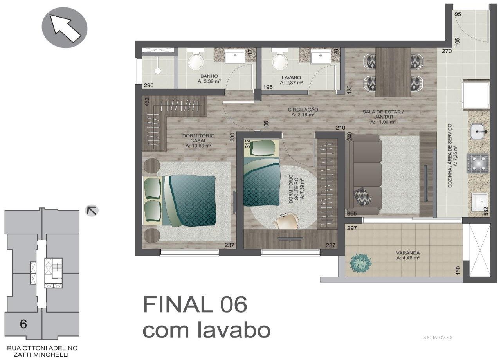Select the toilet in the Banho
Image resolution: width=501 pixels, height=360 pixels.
[x=196, y=60]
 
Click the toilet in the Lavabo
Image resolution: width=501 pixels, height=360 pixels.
[x=280, y=60]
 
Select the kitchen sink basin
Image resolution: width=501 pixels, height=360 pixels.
[x=479, y=132]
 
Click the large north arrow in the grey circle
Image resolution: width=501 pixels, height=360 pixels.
[x=65, y=28]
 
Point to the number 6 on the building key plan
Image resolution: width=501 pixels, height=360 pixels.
[x=23, y=324]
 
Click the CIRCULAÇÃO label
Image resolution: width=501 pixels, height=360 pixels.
[x=303, y=110]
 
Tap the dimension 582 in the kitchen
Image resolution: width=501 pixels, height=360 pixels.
[x=486, y=211]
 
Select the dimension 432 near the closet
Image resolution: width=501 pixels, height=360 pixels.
[x=147, y=102]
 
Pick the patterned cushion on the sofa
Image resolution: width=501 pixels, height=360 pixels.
[x=362, y=196]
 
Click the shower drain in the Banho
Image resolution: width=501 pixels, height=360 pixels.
[x=158, y=71]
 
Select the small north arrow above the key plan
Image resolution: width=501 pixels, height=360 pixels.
[x=92, y=211]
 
